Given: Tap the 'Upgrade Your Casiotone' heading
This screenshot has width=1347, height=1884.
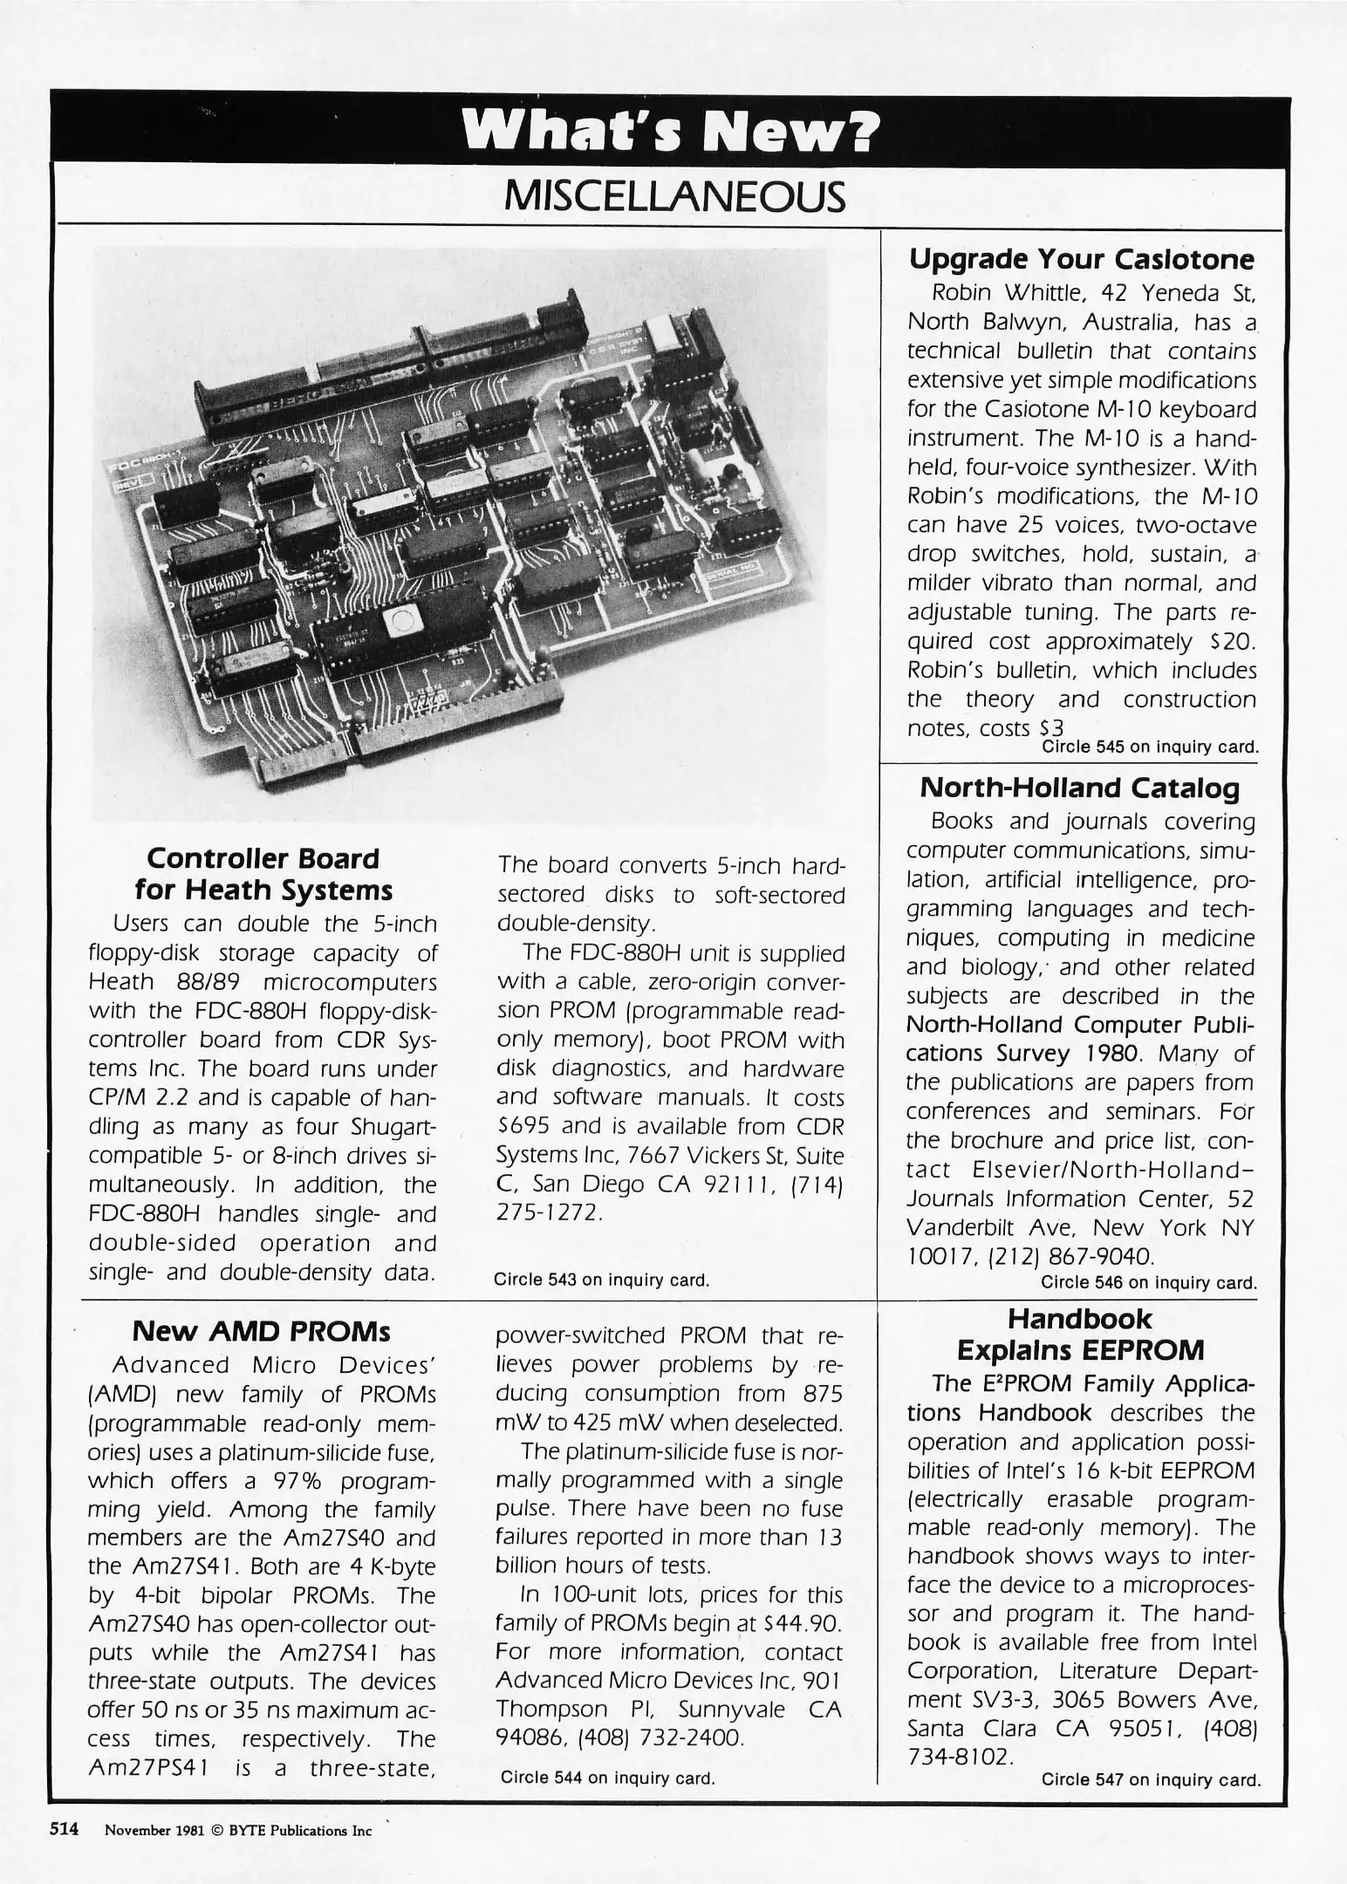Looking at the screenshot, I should (1082, 260).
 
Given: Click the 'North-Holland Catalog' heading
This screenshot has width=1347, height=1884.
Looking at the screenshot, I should (1080, 788).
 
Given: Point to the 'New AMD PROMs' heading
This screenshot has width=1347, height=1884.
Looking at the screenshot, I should (261, 1332).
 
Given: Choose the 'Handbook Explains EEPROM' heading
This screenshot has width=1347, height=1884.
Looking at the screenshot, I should (1080, 1334).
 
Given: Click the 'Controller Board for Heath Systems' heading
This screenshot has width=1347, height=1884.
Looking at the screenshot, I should (263, 874).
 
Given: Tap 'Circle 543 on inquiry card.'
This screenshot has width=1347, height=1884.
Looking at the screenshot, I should (601, 1280).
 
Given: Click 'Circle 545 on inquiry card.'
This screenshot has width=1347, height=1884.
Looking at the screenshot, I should (1150, 747).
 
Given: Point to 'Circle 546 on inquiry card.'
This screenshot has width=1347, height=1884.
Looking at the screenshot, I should (1149, 1282).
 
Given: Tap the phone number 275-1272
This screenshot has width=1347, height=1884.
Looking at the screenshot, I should (550, 1213).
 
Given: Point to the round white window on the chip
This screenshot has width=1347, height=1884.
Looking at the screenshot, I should (403, 621).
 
